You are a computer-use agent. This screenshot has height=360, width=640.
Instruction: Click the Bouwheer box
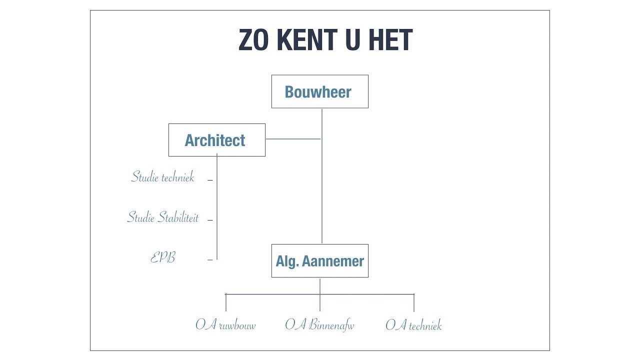(x=319, y=91)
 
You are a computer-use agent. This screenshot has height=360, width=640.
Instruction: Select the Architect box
(x=217, y=140)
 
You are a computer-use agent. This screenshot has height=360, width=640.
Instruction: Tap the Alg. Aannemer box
(x=319, y=260)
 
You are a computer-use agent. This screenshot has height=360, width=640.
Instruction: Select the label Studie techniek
(x=163, y=176)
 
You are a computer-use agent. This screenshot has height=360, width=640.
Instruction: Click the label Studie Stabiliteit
(x=163, y=216)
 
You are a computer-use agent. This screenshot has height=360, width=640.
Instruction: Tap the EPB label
(x=163, y=257)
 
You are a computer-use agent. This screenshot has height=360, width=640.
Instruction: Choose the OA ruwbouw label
(x=225, y=325)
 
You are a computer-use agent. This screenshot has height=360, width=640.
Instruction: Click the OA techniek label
(x=413, y=325)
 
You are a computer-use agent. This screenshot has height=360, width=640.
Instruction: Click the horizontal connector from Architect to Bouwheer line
(x=293, y=139)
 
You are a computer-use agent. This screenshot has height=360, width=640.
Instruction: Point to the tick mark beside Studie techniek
(x=210, y=180)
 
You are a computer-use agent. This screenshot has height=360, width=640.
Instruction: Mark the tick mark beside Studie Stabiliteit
(x=210, y=220)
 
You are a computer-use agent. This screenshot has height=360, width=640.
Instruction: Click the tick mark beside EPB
(x=210, y=259)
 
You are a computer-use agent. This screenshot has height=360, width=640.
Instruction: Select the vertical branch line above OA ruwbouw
(x=225, y=302)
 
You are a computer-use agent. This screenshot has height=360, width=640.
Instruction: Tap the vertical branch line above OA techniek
(x=413, y=302)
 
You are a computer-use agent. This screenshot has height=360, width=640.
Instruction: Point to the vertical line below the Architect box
(x=217, y=206)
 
